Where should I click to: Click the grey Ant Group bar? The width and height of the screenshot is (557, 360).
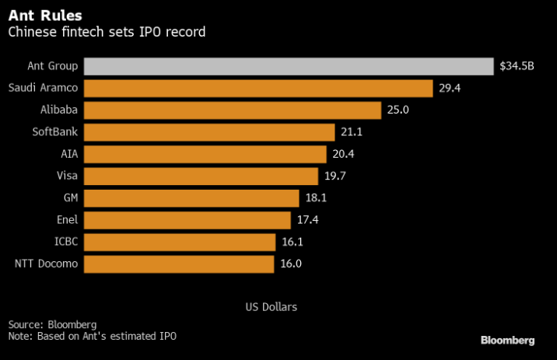click(x=288, y=66)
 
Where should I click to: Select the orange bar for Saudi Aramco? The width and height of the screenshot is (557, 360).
click(x=257, y=88)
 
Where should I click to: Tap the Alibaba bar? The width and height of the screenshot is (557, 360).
click(x=232, y=110)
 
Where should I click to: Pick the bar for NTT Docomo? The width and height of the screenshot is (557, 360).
click(x=178, y=264)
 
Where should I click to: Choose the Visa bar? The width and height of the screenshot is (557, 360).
click(x=200, y=176)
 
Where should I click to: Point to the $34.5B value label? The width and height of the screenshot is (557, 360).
click(x=518, y=66)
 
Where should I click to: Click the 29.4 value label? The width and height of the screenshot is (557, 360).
click(x=450, y=88)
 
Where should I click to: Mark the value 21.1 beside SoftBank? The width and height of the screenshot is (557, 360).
click(x=352, y=132)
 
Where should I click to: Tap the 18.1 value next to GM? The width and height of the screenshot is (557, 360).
click(x=316, y=197)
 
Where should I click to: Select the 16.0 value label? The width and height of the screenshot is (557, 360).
click(x=291, y=264)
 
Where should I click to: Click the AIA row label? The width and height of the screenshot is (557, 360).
click(x=69, y=154)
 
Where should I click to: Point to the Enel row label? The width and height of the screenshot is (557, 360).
click(x=67, y=220)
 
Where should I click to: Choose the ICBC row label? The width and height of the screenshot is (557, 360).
click(x=67, y=242)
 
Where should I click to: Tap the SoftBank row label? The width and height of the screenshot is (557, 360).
click(x=55, y=132)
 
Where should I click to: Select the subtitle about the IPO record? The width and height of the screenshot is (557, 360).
click(x=107, y=33)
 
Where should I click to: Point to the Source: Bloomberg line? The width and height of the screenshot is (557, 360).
click(x=52, y=323)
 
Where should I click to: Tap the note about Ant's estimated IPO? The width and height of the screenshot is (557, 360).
click(x=93, y=335)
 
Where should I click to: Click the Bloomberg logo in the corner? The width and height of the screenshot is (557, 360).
click(x=507, y=341)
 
